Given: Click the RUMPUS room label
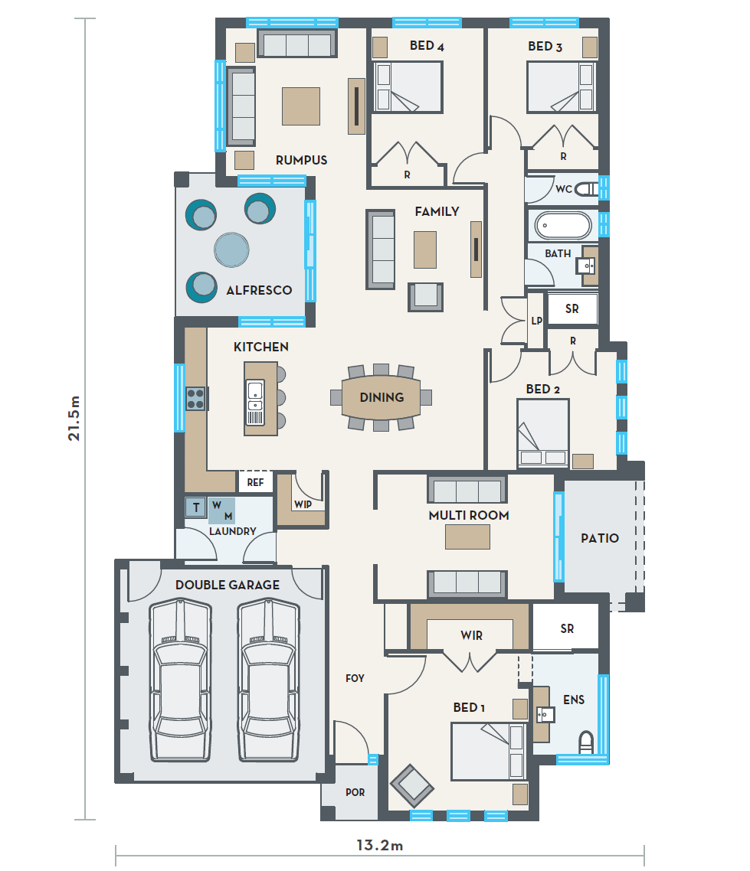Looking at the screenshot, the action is click(x=301, y=160).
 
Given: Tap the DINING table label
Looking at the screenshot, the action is click(x=382, y=397).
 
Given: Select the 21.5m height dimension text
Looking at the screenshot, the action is click(x=74, y=419).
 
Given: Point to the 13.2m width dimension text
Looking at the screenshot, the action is click(x=380, y=846).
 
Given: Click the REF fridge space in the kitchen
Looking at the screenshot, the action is click(x=256, y=482).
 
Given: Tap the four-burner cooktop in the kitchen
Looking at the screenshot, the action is click(x=195, y=398).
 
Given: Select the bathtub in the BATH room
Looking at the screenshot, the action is click(x=562, y=226).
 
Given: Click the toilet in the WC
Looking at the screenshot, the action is click(x=586, y=189).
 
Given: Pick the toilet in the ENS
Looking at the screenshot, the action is click(x=586, y=742).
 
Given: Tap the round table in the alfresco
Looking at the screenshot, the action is click(x=232, y=250).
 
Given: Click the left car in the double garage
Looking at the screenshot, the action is click(x=180, y=680).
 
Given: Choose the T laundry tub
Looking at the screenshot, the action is click(x=195, y=507).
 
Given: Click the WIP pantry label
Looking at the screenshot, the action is click(x=303, y=504).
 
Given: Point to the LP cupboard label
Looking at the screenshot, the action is click(x=536, y=321).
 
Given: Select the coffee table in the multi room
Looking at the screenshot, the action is click(x=467, y=537).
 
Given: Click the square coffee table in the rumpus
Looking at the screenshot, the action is click(x=301, y=106).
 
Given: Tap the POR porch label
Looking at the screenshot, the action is click(x=355, y=792).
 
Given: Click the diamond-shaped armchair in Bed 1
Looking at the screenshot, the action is click(x=412, y=786).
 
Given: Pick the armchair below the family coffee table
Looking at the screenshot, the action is click(x=426, y=297).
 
